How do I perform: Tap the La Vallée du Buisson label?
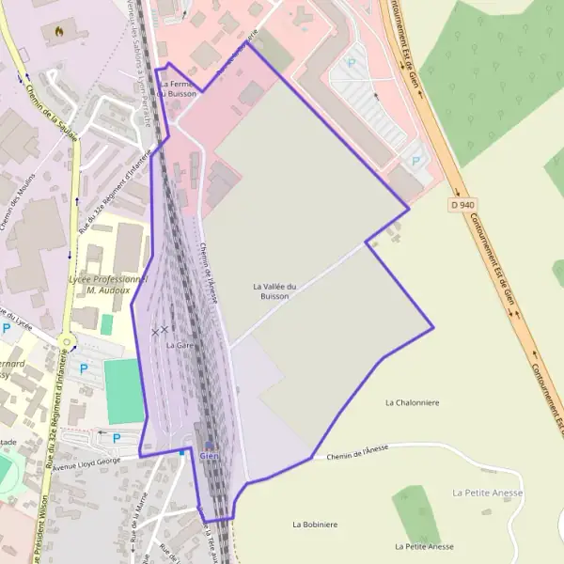274,290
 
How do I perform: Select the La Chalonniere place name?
412,402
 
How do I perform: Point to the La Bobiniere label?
314,525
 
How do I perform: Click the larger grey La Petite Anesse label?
487,493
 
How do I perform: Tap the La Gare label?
179,346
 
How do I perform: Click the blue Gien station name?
209,456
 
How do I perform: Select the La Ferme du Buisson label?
178,89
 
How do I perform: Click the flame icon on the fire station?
61,30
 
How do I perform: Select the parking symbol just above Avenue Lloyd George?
117,438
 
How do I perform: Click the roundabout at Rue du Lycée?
66,340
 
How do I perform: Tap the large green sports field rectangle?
124,390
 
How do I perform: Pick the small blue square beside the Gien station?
182,452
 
